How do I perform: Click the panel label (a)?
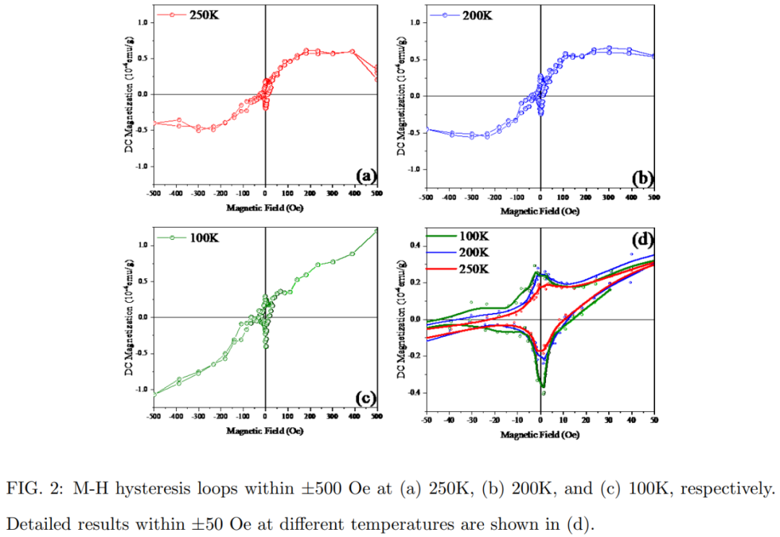tap(364, 175)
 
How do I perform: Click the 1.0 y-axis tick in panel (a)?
tap(143, 22)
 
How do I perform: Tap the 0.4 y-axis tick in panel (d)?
tap(415, 246)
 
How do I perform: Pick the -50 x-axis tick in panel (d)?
tap(426, 421)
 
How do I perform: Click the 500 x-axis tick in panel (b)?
tap(654, 197)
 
